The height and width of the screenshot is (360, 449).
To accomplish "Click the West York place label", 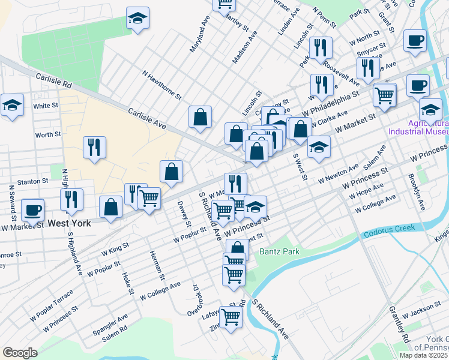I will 70,223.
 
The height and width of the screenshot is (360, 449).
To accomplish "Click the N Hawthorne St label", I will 161,84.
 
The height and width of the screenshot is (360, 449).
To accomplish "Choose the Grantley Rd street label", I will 399,322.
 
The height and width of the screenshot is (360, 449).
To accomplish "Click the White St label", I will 46,106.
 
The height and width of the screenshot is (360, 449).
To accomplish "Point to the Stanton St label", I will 32,181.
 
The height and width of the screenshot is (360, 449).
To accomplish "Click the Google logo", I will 20,352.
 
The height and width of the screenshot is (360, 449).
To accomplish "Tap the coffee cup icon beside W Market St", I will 32,210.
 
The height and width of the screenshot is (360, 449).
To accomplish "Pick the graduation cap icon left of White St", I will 12,106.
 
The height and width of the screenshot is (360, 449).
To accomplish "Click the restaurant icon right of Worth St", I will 94,148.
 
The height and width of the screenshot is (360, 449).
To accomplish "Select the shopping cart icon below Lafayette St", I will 230,316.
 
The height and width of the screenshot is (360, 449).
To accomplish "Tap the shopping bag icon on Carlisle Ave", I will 200,118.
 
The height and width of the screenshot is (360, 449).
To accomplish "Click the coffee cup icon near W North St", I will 415,41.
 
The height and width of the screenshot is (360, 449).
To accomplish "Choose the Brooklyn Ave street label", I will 415,191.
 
